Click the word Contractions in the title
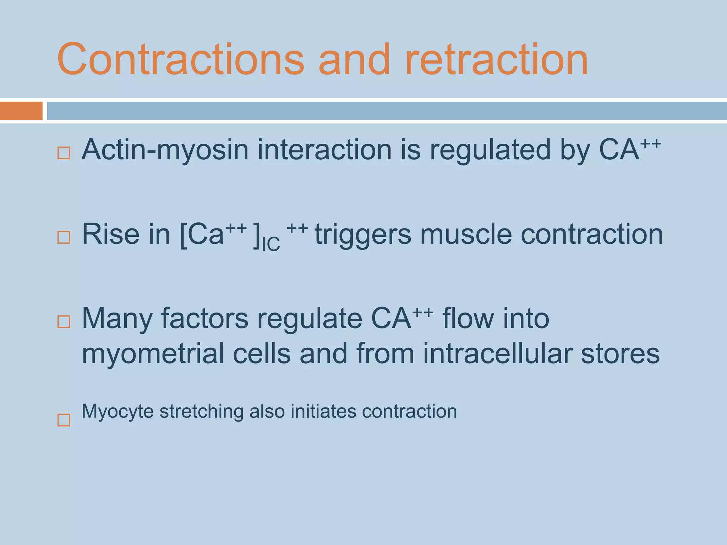[180, 59]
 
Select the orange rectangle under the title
[21, 111]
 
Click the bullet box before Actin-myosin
[64, 153]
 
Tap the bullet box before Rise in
[64, 237]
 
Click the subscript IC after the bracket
[270, 244]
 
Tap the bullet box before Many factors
[64, 322]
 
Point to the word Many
[117, 319]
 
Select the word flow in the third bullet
[469, 318]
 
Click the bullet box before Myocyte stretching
[64, 420]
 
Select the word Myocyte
[117, 412]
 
